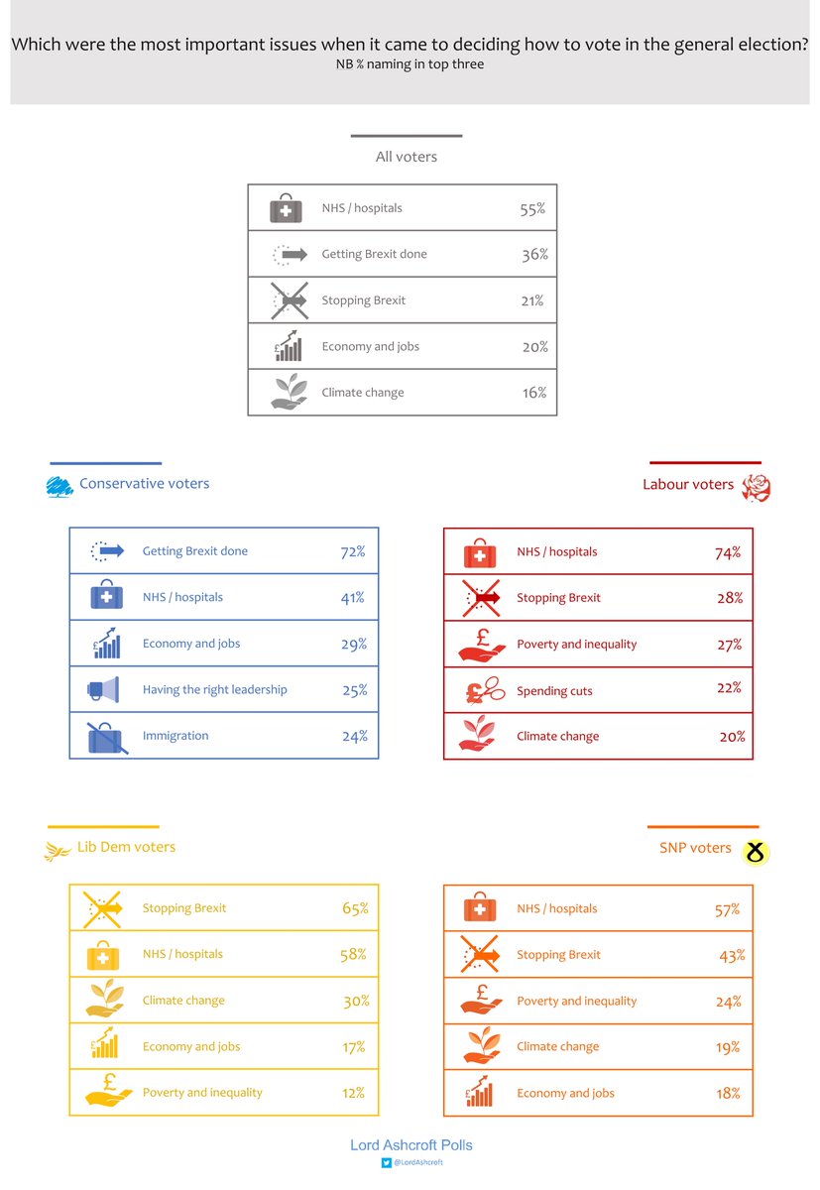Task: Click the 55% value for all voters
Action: [x=532, y=209]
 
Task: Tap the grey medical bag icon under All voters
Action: [x=286, y=208]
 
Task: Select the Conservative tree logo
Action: [x=60, y=486]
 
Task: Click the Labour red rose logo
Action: [x=757, y=486]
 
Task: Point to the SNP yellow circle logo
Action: [x=757, y=851]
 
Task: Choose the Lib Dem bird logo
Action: [x=58, y=851]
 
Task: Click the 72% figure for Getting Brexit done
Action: [x=353, y=551]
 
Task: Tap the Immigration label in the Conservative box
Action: [x=176, y=736]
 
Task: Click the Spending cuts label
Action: [x=554, y=691]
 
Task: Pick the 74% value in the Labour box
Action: [x=728, y=552]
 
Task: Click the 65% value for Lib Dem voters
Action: [x=355, y=908]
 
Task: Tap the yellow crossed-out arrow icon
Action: [x=103, y=907]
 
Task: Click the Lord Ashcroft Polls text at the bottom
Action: [x=411, y=1145]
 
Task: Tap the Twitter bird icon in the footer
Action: [x=387, y=1163]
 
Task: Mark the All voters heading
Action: [x=406, y=157]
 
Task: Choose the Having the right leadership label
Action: [x=214, y=689]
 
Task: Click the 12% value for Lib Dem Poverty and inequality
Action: [x=354, y=1093]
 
